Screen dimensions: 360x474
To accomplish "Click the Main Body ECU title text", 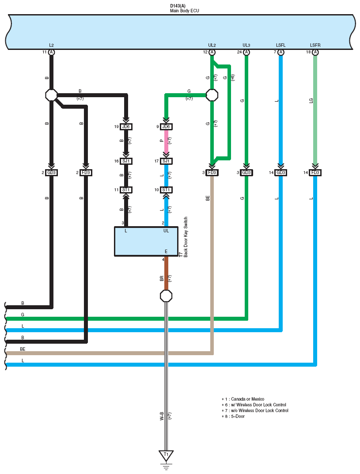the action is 184,11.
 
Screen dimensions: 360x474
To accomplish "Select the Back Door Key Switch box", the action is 146,241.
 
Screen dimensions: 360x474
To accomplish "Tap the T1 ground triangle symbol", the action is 166,455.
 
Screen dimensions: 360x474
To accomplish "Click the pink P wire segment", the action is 166,141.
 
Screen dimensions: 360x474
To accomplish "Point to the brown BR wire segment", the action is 166,273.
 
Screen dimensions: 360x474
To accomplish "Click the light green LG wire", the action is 315,110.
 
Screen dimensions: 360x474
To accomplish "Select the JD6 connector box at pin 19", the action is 126,127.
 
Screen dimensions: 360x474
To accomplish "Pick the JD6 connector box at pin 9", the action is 166,127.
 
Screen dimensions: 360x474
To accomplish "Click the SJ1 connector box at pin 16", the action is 126,161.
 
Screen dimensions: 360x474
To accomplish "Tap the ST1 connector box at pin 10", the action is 166,190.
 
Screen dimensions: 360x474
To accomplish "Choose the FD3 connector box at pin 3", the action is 212,173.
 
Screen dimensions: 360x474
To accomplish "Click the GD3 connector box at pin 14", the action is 281,173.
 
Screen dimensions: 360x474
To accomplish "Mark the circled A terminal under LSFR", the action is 315,52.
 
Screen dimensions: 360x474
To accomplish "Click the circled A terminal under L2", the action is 51,52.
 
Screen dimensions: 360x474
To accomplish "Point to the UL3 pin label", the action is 246,46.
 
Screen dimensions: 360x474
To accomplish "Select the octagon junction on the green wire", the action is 212,95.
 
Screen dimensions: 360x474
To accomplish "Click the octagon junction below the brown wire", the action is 166,296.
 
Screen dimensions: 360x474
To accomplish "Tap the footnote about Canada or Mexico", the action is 243,399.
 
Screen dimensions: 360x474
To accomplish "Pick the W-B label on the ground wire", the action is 162,416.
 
